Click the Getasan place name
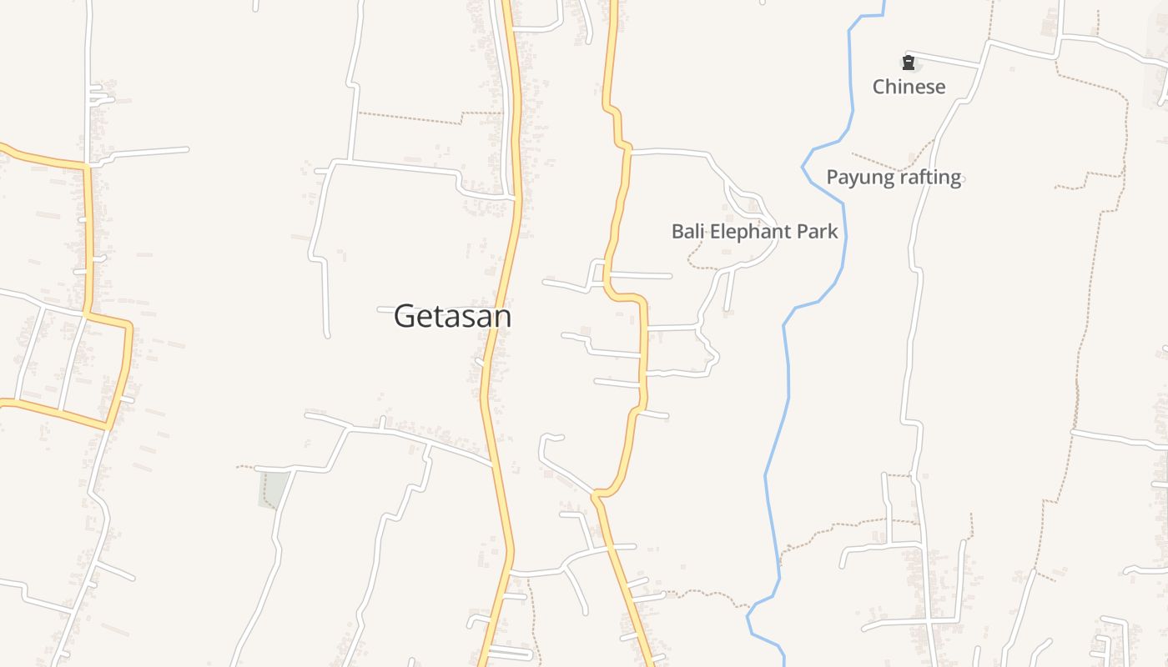click(452, 316)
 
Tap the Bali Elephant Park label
click(754, 231)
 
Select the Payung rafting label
click(894, 177)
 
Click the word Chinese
click(909, 87)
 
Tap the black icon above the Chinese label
click(909, 63)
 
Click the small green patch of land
click(274, 489)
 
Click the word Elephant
click(754, 231)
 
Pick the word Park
click(818, 231)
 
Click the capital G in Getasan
click(404, 316)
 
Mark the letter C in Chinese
click(879, 87)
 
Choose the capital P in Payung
click(833, 177)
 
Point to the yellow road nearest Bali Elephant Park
click(619, 217)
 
